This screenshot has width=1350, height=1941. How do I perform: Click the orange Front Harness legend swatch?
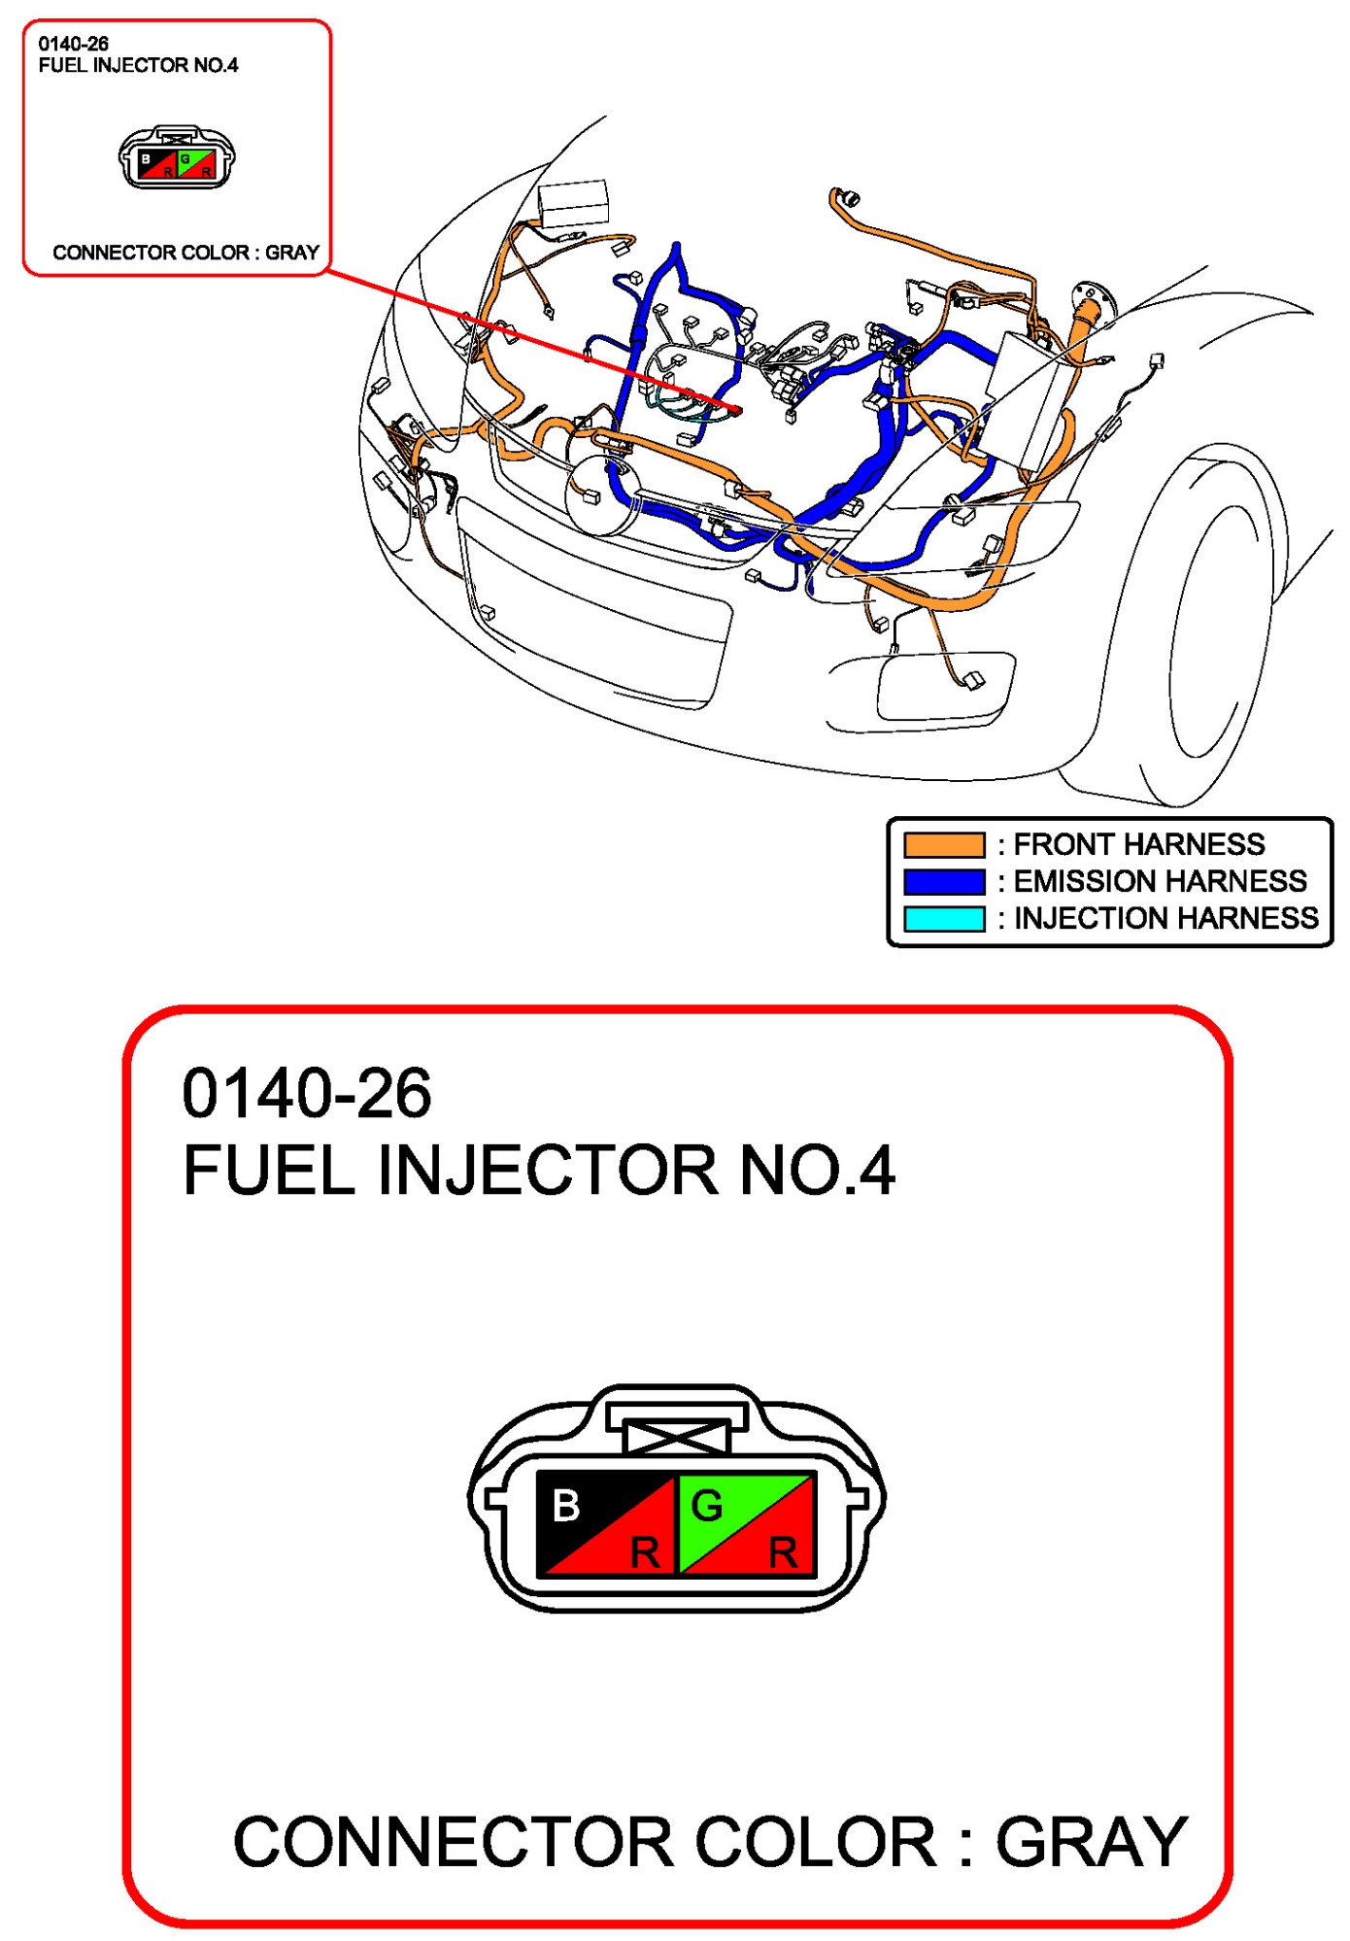pos(943,844)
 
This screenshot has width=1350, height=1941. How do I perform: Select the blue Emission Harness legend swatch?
pos(943,881)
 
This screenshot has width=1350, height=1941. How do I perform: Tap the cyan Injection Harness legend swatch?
pos(943,918)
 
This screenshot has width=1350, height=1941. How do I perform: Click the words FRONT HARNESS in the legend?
pos(1139,844)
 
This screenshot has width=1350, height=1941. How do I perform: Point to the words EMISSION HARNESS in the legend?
pos(1161,881)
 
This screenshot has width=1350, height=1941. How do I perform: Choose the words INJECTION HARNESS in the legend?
pos(1166,918)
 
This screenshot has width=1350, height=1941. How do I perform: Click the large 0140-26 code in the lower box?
pos(307,1094)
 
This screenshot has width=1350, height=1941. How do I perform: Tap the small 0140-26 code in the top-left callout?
pos(74,44)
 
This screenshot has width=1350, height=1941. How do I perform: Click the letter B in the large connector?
pos(565,1507)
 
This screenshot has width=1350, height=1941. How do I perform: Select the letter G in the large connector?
pos(706,1507)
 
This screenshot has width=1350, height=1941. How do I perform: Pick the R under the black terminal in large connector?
pos(645,1552)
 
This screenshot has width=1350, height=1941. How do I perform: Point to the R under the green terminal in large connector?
pos(783,1552)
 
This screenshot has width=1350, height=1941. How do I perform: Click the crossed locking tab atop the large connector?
pos(677,1436)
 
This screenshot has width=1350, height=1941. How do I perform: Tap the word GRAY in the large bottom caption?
pos(1091,1842)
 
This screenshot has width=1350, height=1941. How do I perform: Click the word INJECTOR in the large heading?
pos(548,1170)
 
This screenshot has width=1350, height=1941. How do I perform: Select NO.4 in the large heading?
pos(817,1170)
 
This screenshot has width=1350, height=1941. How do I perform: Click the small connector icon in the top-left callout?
pos(177,157)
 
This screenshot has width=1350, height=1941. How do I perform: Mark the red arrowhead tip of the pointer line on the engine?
pos(739,412)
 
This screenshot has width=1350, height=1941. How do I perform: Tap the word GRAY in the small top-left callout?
pos(292,253)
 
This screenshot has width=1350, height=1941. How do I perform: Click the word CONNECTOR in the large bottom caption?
pos(454,1842)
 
